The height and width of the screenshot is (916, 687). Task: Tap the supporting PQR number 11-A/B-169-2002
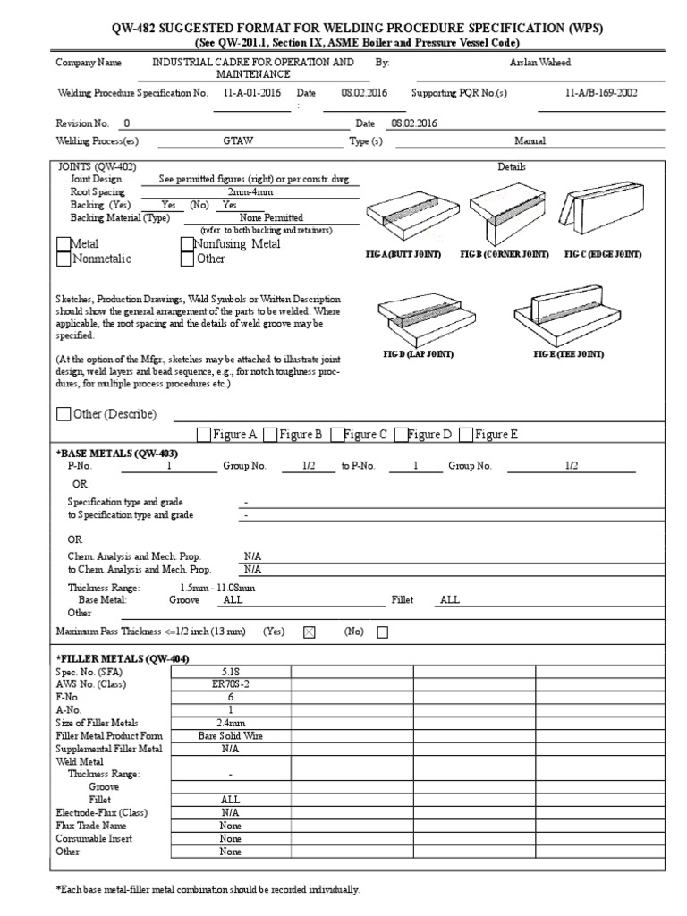tap(601, 93)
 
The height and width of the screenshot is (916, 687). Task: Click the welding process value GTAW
tap(238, 141)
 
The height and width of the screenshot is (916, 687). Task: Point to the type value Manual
tap(530, 141)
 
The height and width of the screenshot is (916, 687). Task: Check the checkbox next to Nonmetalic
tap(63, 259)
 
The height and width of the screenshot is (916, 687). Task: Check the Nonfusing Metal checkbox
tap(187, 244)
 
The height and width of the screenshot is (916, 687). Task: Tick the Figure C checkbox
tap(337, 435)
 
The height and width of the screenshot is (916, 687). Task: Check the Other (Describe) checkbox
tap(63, 414)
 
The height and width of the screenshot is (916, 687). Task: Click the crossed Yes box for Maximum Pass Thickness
tap(310, 632)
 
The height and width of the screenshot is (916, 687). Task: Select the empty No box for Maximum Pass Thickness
tap(383, 632)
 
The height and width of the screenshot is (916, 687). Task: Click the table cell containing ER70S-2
tap(230, 684)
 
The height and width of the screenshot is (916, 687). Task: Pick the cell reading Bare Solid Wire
tap(230, 736)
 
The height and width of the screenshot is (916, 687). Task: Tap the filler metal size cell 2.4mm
tap(230, 723)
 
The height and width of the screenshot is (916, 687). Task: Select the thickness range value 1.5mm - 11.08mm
tap(217, 588)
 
